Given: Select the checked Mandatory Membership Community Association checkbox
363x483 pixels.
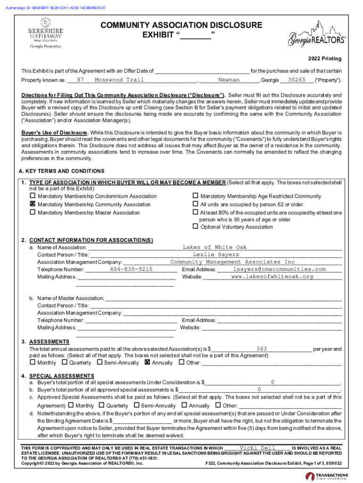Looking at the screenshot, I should coord(33,204).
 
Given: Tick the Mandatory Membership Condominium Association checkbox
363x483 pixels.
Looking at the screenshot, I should coord(33,196).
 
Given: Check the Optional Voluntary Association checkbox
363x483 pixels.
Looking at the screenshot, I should coord(195,226).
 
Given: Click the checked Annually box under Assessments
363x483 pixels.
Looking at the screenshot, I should coord(147,363).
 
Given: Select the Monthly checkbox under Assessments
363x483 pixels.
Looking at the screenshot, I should coord(33,363).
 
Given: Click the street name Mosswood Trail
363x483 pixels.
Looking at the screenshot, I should coord(119,80).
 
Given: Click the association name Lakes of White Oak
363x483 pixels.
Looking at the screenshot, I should coord(214,247).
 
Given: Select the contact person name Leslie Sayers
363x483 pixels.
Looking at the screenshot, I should coord(216,255).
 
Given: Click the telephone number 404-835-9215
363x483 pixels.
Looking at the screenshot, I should coord(131,269).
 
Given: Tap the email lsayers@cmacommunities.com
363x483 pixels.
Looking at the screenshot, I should coord(279,269).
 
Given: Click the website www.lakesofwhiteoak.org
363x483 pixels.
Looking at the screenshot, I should coord(272,276).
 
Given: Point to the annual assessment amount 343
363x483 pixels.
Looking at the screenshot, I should coord(262,349).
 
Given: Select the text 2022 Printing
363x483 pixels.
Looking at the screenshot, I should coord(325,59).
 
